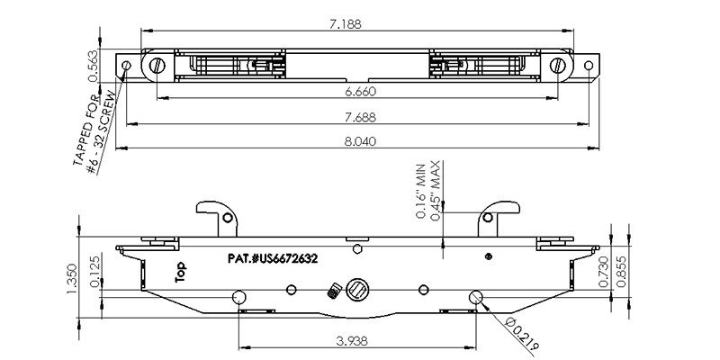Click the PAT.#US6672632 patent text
273,257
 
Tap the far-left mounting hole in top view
127,66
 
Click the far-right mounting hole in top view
590,66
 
